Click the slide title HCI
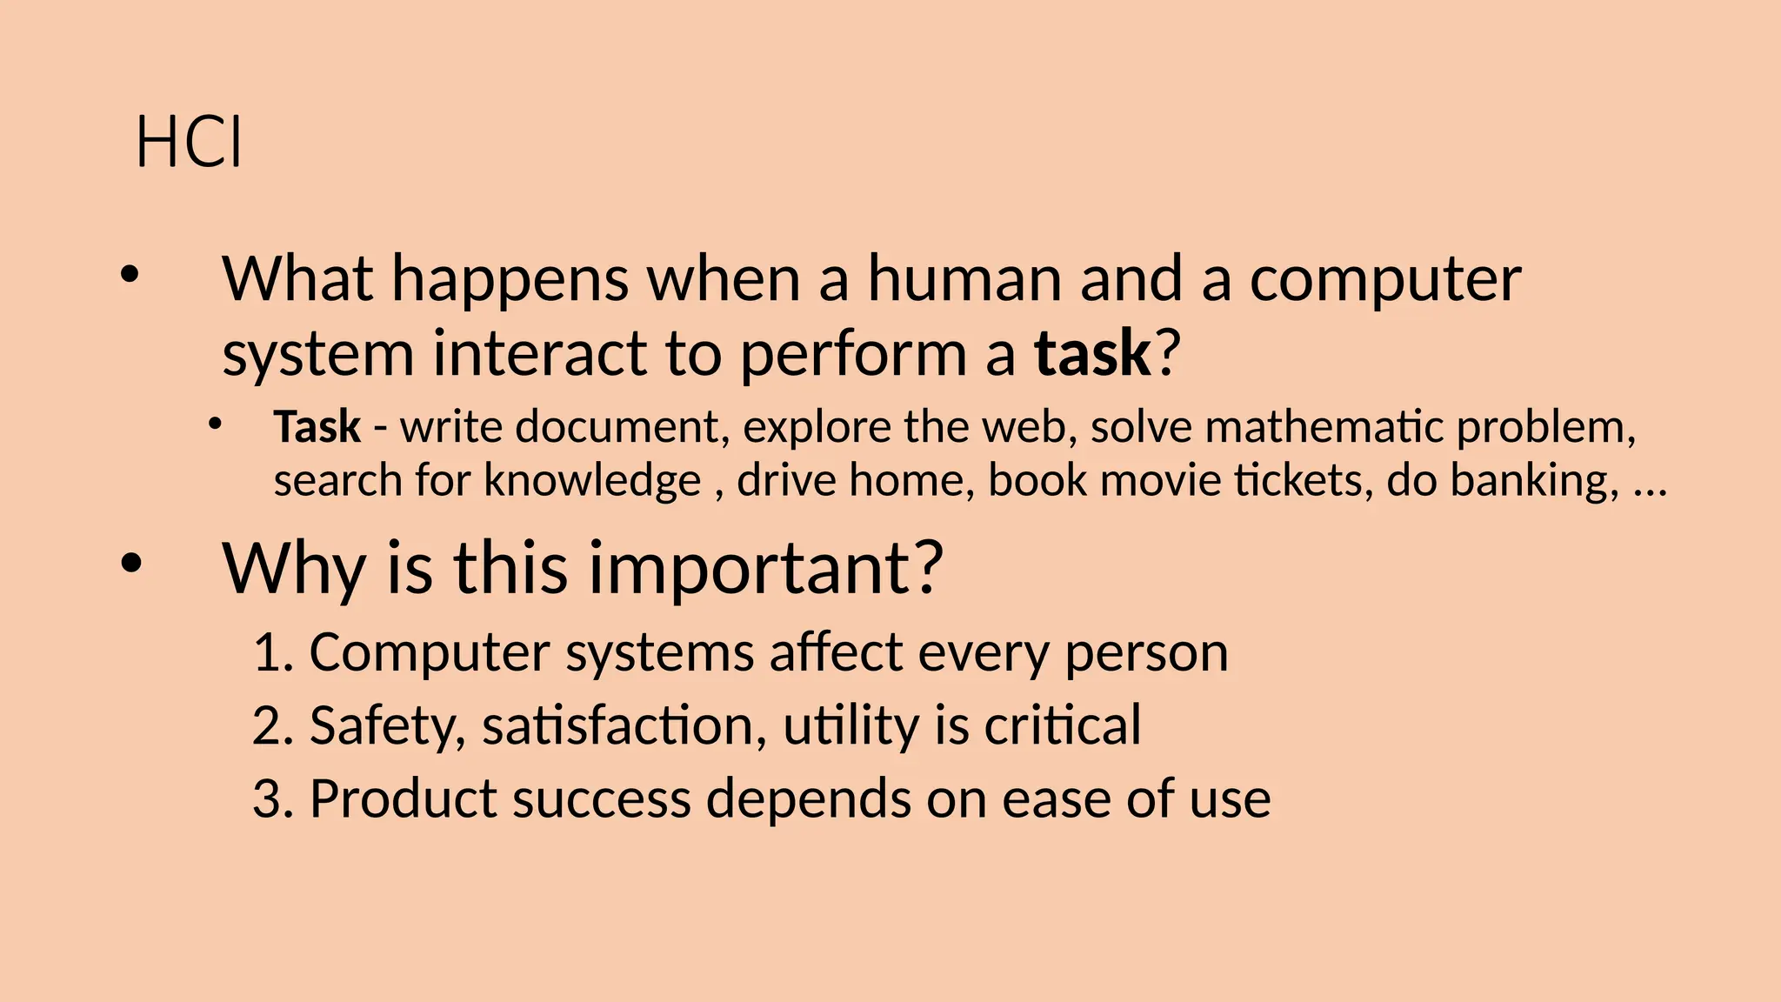189,143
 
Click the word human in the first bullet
965,279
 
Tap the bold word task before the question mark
1092,354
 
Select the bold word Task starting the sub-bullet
317,427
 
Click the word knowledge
592,480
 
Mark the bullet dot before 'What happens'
130,276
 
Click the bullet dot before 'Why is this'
130,564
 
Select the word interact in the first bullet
539,354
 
